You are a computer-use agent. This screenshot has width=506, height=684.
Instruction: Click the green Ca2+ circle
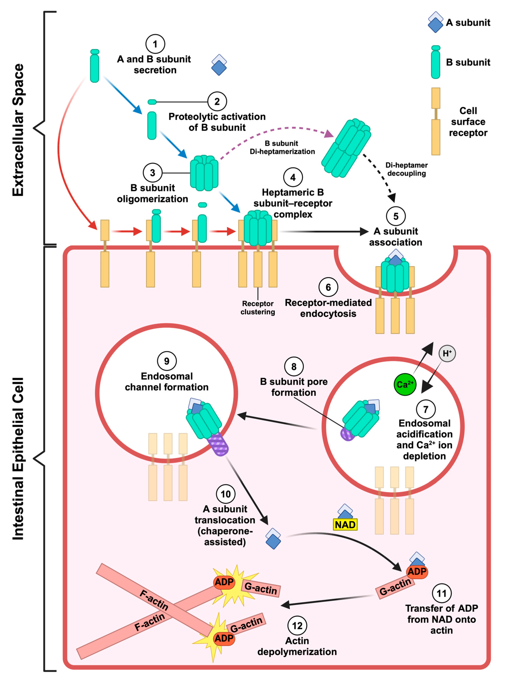click(x=405, y=384)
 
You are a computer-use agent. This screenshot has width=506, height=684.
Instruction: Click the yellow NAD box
click(x=345, y=525)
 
